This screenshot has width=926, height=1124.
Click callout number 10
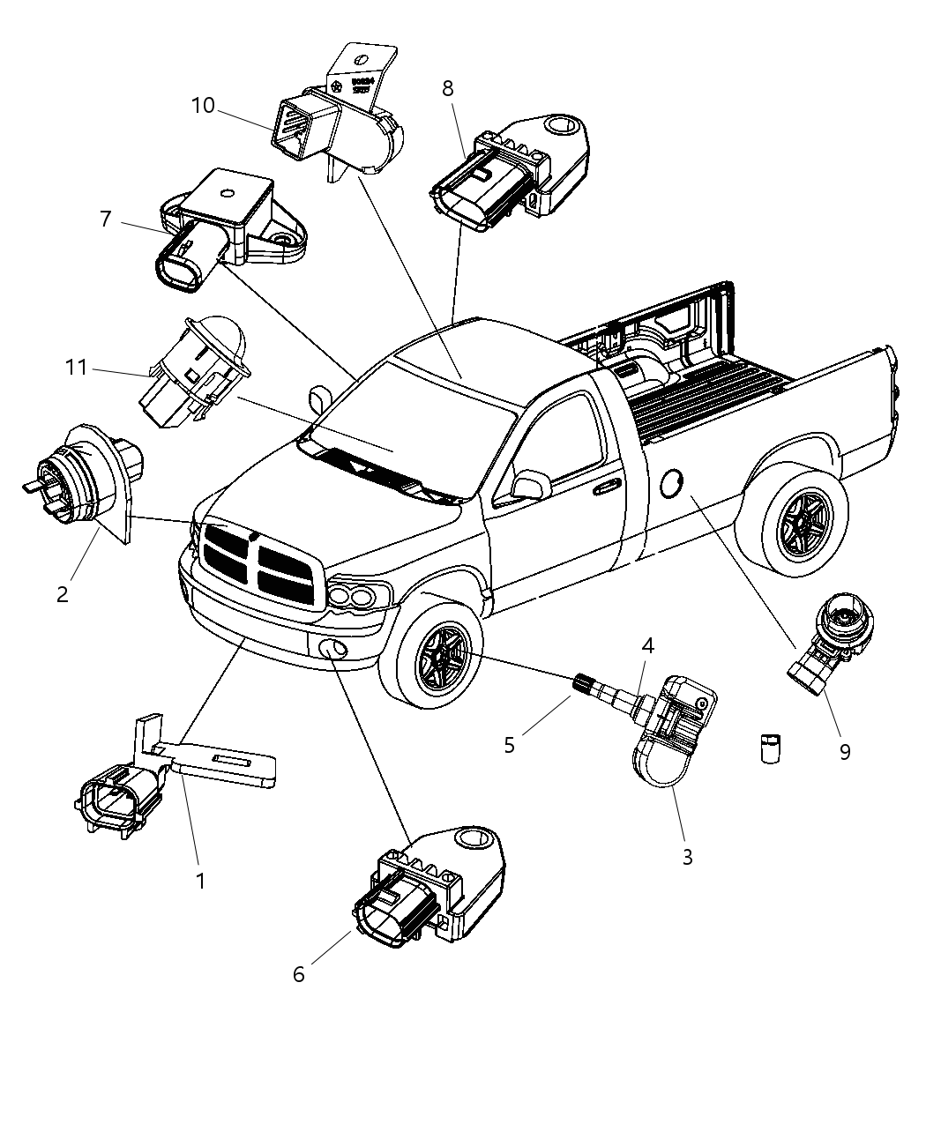[203, 106]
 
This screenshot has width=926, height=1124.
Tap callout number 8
[448, 88]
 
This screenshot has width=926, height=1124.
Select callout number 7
[106, 218]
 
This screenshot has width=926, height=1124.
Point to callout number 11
[77, 367]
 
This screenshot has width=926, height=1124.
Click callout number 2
[62, 594]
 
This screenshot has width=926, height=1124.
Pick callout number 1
[200, 880]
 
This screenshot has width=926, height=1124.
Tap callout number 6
[299, 974]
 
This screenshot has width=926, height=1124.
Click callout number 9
[844, 752]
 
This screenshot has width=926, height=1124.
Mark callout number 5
[509, 744]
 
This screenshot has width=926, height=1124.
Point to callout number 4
[647, 645]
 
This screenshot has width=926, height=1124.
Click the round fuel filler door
[671, 483]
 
